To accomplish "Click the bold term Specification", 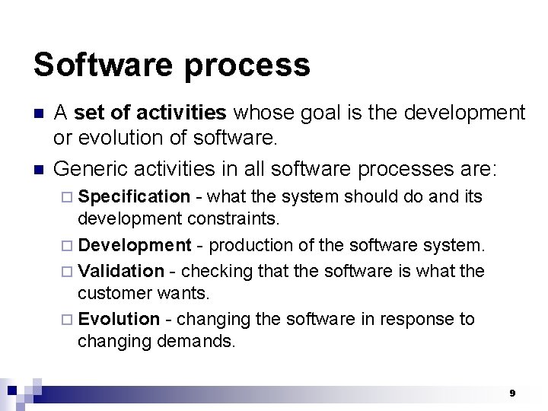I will (134, 197).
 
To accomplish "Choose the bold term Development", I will (135, 246).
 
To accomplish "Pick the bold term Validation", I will (121, 271).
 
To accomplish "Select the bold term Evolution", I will (119, 319).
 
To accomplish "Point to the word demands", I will (198, 341).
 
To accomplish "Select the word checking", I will (212, 271).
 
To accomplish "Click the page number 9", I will (512, 393).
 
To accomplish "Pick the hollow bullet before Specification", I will (69, 197).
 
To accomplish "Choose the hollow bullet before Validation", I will (69, 271).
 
